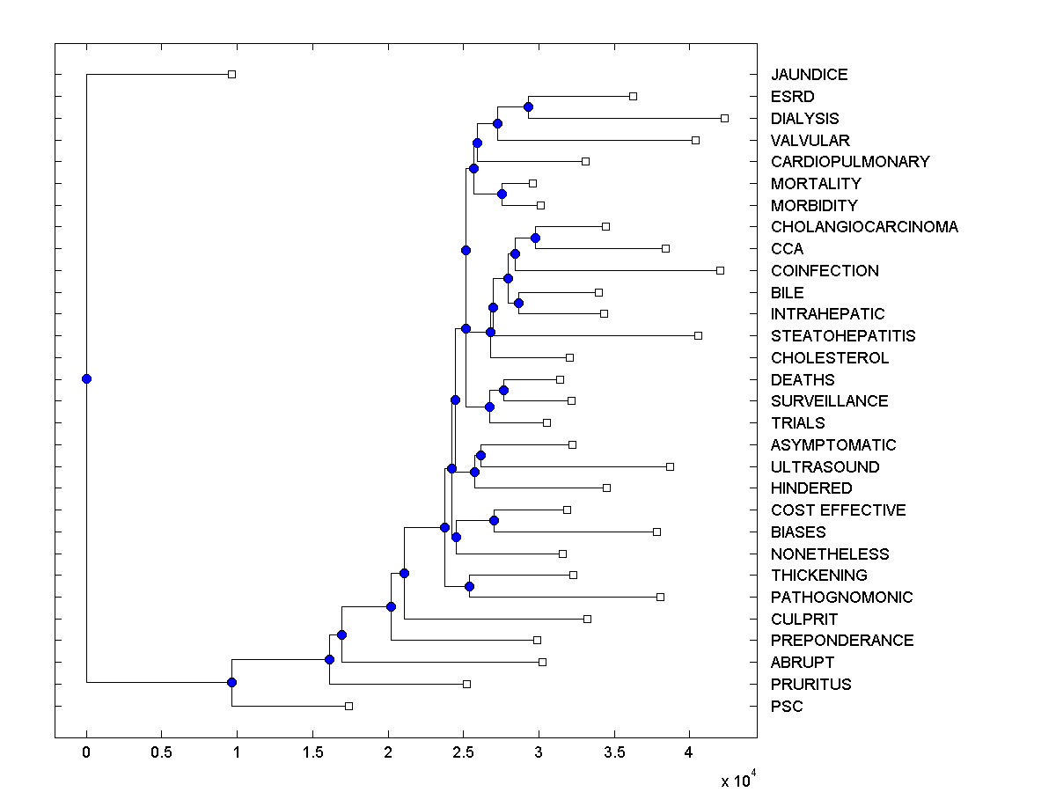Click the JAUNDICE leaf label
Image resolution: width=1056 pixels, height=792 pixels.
coord(809,75)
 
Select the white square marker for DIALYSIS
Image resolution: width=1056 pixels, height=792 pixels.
coord(724,118)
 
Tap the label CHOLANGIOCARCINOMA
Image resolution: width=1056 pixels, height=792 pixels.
coord(864,227)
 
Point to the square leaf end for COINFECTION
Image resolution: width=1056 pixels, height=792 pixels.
coord(720,270)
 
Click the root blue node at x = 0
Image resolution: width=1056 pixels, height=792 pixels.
coord(86,378)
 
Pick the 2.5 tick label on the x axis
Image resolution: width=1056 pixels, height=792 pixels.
coord(463,753)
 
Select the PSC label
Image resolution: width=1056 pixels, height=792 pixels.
coord(787,706)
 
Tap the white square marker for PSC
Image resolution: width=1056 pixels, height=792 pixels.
coord(348,706)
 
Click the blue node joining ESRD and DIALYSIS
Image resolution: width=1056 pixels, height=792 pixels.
coord(528,106)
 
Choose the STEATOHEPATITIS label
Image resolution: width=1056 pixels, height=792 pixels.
coord(842,336)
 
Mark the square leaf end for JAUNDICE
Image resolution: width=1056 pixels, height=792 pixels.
coord(231,74)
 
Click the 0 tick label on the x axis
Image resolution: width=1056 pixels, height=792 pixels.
coord(86,753)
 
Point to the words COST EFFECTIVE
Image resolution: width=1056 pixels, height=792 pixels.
coord(838,510)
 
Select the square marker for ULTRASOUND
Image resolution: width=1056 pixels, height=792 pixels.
coord(670,466)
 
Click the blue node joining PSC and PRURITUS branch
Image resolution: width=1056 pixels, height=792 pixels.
coord(231,682)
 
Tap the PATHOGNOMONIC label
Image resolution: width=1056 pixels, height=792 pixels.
coord(841,597)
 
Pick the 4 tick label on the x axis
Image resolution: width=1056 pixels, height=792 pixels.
coord(689,753)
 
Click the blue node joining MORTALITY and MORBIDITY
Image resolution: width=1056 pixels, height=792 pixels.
coord(502,194)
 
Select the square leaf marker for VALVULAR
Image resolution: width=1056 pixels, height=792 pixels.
coord(695,140)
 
